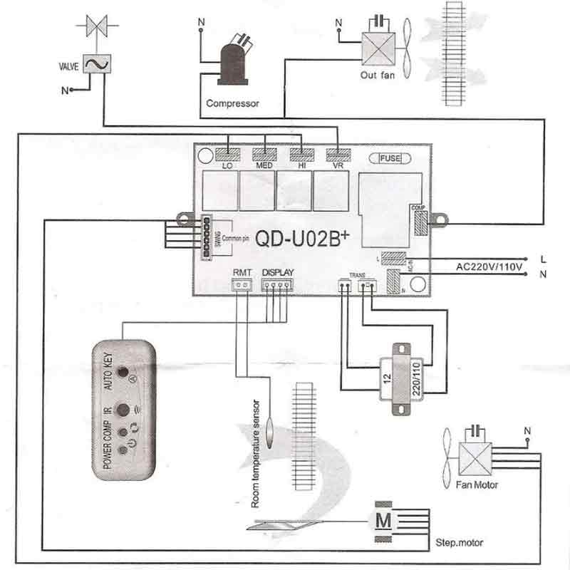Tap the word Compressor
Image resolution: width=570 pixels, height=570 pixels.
point(232,103)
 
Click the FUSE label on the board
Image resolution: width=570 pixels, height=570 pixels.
point(390,157)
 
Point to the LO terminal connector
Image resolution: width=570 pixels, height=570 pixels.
point(228,153)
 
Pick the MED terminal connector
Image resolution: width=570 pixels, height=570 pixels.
point(265,153)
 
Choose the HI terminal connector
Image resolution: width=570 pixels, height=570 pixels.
point(301,153)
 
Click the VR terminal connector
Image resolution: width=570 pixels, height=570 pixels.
point(338,153)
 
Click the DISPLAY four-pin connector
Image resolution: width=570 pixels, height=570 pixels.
point(277,285)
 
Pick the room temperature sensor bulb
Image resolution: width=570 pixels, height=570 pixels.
point(271,432)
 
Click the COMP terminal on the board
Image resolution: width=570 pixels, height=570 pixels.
point(419,222)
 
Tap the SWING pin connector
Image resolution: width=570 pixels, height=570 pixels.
point(204,232)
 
